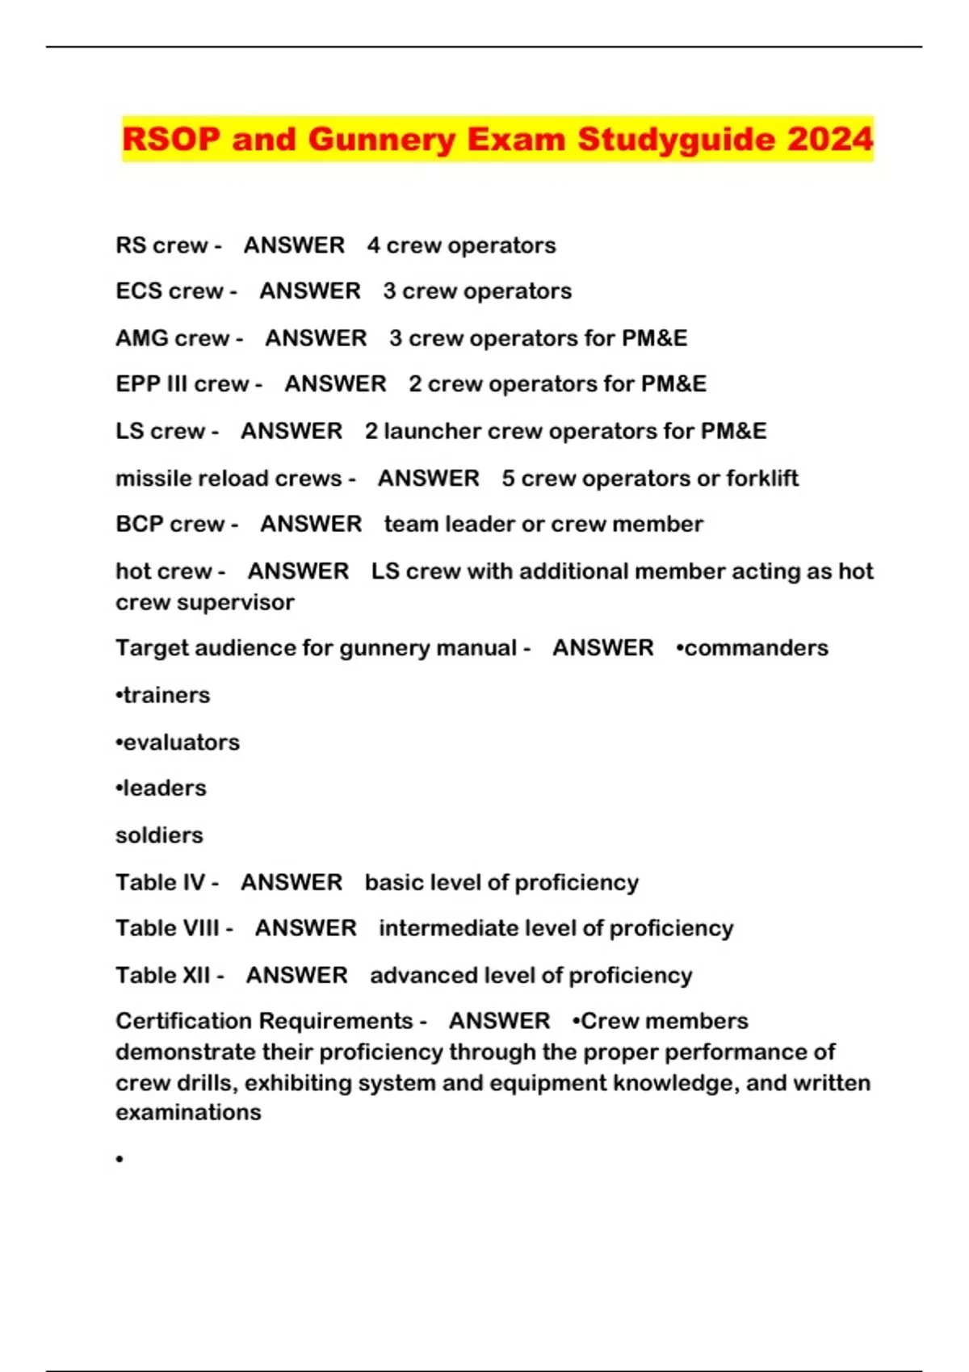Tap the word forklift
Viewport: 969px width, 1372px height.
point(761,478)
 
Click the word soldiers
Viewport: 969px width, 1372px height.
point(159,834)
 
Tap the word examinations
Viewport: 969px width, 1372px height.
point(188,1112)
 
